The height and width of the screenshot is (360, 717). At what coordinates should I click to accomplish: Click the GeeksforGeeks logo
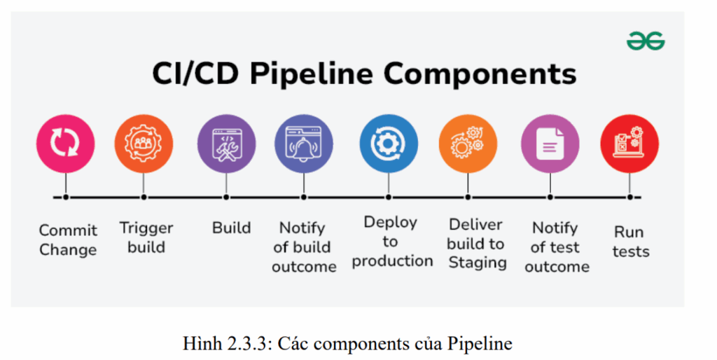point(646,41)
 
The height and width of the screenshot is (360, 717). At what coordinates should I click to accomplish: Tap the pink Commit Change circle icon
point(65,143)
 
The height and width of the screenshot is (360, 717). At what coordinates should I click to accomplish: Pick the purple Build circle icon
point(225,144)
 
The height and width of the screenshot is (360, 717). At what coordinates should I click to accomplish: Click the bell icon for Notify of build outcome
point(303,144)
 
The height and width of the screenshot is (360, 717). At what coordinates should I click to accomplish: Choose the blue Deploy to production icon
point(389,144)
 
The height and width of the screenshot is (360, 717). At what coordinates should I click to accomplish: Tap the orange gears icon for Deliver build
point(468,144)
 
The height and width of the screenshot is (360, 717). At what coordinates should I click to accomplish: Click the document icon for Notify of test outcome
point(550,144)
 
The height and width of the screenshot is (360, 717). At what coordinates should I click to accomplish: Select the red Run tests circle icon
point(629,144)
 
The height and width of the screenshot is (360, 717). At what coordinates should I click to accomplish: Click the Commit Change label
point(68,240)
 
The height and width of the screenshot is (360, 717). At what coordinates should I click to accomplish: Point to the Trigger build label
point(146,237)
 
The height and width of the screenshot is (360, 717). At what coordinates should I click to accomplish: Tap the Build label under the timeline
point(231,228)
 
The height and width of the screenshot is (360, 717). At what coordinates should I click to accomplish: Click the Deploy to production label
point(391,242)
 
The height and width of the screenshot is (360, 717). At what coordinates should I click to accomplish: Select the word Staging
point(477,263)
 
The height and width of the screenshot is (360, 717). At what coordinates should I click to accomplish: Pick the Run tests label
point(630,242)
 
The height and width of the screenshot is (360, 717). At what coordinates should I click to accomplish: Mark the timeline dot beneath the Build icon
point(225,198)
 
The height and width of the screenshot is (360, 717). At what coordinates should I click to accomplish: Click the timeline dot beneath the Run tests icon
point(629,198)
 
